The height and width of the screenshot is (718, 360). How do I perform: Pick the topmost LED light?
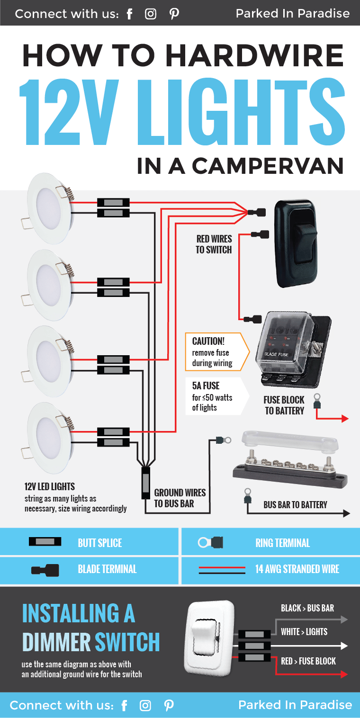pos(50,209)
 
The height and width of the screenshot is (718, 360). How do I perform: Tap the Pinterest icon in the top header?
pos(174,14)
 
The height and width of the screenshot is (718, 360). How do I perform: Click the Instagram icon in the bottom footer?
pos(145,706)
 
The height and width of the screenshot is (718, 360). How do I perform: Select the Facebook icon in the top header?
pos(130,14)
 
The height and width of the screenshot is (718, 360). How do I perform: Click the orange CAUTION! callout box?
pos(217,352)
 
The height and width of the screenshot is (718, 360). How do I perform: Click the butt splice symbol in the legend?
pos(45,542)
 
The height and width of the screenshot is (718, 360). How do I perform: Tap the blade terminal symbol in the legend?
pos(45,569)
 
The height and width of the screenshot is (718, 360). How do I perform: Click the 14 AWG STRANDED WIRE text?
pos(297,569)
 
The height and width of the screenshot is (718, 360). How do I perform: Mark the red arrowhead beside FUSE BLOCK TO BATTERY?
pos(345,419)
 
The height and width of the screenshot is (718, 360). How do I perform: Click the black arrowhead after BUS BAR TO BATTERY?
pos(346,513)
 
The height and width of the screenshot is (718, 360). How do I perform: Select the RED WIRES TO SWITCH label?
pos(214,244)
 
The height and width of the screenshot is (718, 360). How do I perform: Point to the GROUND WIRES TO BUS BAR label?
pos(180,498)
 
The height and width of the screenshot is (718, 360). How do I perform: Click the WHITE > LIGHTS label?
pos(304,632)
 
